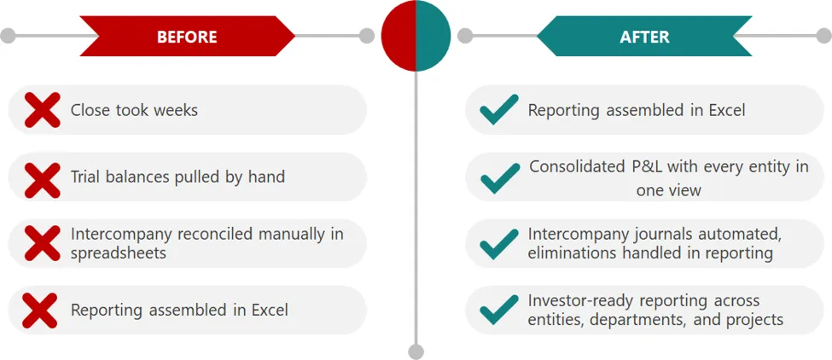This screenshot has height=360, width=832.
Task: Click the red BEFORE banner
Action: [x=187, y=36]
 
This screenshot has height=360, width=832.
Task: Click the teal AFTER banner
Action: [x=644, y=36]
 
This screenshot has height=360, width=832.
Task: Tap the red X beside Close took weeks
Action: [x=43, y=110]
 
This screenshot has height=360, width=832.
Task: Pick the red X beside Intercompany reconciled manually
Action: [x=43, y=243]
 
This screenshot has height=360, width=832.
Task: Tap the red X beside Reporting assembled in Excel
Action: [x=40, y=311]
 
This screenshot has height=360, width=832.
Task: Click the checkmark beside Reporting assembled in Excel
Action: [x=499, y=110]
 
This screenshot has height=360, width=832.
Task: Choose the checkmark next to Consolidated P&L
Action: [x=500, y=178]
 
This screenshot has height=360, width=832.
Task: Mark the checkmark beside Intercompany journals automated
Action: [x=499, y=244]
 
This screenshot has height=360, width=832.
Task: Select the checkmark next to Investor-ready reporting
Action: [x=499, y=310]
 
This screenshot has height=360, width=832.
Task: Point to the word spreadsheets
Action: [x=119, y=253]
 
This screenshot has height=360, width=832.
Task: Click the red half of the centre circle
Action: [x=399, y=36]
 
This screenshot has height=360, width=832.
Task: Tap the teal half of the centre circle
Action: [x=433, y=36]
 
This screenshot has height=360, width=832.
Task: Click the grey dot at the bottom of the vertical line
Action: [x=416, y=351]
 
